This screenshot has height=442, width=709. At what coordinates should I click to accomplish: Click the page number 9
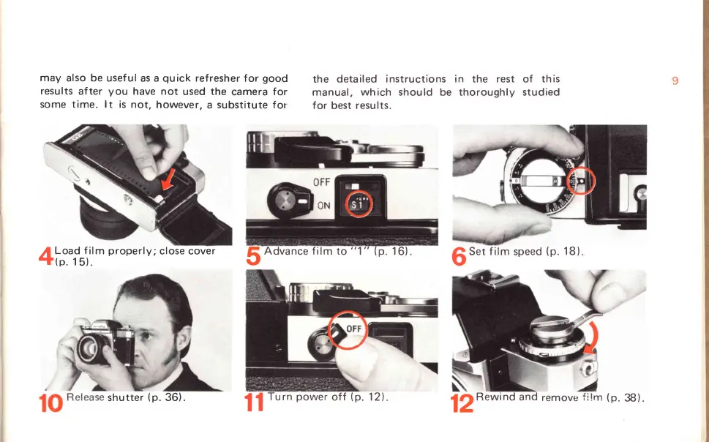pyautogui.click(x=675, y=80)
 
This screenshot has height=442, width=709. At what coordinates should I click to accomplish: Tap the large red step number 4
pyautogui.click(x=46, y=256)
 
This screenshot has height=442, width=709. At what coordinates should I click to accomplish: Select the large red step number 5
pyautogui.click(x=253, y=256)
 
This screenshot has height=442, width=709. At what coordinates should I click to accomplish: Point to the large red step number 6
pyautogui.click(x=459, y=257)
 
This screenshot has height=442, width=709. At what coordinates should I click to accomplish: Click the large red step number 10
pyautogui.click(x=50, y=402)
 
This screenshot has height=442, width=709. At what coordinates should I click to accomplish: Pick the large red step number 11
pyautogui.click(x=254, y=402)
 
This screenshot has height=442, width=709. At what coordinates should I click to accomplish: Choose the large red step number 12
pyautogui.click(x=462, y=402)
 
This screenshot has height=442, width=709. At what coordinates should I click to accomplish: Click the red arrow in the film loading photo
pyautogui.click(x=168, y=179)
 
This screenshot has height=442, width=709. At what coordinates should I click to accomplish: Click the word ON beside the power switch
pyautogui.click(x=323, y=206)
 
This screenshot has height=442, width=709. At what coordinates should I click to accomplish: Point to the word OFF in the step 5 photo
pyautogui.click(x=321, y=182)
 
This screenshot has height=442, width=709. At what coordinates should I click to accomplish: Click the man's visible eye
pyautogui.click(x=146, y=336)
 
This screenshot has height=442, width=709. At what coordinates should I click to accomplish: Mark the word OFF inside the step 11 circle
pyautogui.click(x=353, y=329)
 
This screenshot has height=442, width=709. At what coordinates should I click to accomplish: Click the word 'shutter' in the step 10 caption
pyautogui.click(x=125, y=397)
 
